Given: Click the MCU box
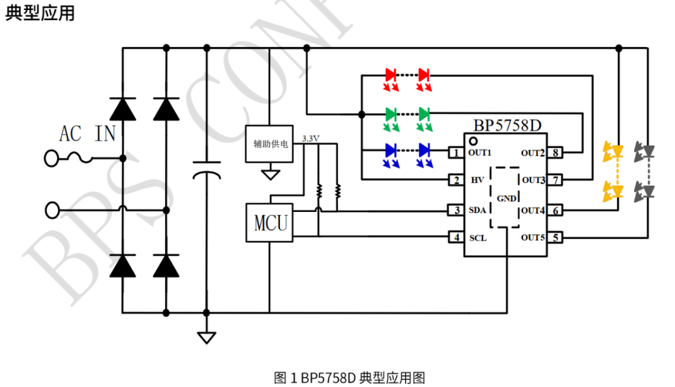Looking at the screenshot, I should coord(269,223).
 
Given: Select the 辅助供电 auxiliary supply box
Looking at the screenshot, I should coord(269,143).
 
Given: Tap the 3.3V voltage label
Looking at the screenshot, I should coord(311,138).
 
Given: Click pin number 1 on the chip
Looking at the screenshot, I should coord(456,153).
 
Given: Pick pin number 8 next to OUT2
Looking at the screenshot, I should coord(555,153).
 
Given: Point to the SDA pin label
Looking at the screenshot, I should coord(477,211).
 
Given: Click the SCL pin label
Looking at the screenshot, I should coord(477,238).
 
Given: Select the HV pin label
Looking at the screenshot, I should coord(477,180).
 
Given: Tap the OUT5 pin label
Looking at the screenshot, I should coord(533,238).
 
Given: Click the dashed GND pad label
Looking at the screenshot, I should coord(506,198).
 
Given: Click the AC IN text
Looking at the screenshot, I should coord(87,133).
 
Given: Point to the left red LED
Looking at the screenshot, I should coord(391,75).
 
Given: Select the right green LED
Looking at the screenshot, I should coord(425,114).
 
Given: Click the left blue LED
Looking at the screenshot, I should coord(391,151).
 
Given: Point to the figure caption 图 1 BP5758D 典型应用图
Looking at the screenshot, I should coord(349,378).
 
